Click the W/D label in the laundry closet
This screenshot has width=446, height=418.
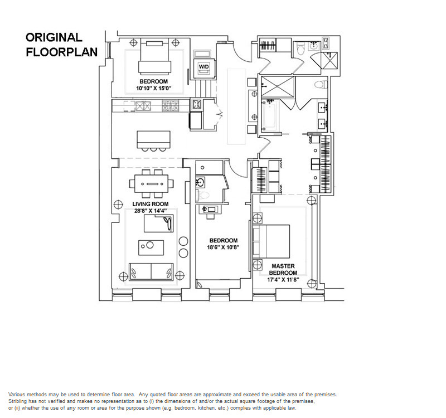pyautogui.click(x=203, y=67)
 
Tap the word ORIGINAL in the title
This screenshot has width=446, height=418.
pyautogui.click(x=54, y=37)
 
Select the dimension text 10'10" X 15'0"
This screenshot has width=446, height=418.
pyautogui.click(x=154, y=88)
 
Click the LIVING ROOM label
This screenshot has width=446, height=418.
pyautogui.click(x=150, y=204)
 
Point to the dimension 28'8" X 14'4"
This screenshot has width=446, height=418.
pyautogui.click(x=150, y=211)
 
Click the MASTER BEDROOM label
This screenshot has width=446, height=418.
pyautogui.click(x=283, y=269)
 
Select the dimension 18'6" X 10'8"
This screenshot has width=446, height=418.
pyautogui.click(x=223, y=247)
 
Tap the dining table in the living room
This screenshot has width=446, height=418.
pyautogui.click(x=151, y=184)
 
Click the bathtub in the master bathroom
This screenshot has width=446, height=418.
pyautogui.click(x=270, y=115)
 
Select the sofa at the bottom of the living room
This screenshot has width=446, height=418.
pyautogui.click(x=151, y=271)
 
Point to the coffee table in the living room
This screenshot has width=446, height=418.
pyautogui.click(x=151, y=247)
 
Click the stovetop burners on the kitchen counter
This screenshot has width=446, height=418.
pyautogui.click(x=171, y=106)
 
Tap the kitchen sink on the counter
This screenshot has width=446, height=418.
pyautogui.click(x=143, y=106)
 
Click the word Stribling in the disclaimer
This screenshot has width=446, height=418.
pyautogui.click(x=17, y=401)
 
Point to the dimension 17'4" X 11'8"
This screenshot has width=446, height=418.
pyautogui.click(x=283, y=280)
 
